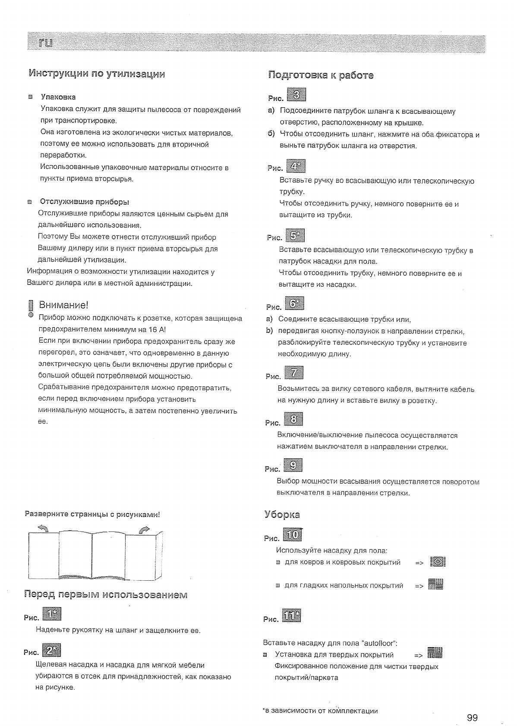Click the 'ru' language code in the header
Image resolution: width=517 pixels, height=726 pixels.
[x=45, y=43]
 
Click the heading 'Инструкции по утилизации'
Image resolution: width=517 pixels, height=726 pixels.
[x=97, y=73]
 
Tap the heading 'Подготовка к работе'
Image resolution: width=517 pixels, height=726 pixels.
[x=321, y=75]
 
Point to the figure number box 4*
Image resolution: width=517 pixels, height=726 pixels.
[x=295, y=166]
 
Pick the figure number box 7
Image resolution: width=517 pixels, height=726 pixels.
[x=294, y=373]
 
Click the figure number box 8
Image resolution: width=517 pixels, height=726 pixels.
[x=293, y=419]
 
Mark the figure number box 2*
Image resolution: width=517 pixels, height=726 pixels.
[x=52, y=650]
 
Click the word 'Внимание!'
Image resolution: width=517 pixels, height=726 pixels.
[x=64, y=305]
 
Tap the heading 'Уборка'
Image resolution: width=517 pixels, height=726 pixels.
[x=282, y=515]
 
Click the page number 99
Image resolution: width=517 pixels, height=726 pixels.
[x=472, y=705]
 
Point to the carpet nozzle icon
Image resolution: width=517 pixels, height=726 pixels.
[x=437, y=562]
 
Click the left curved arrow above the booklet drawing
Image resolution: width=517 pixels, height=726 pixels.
[x=43, y=529]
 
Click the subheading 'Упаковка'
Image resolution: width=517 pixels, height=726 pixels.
[x=58, y=97]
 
